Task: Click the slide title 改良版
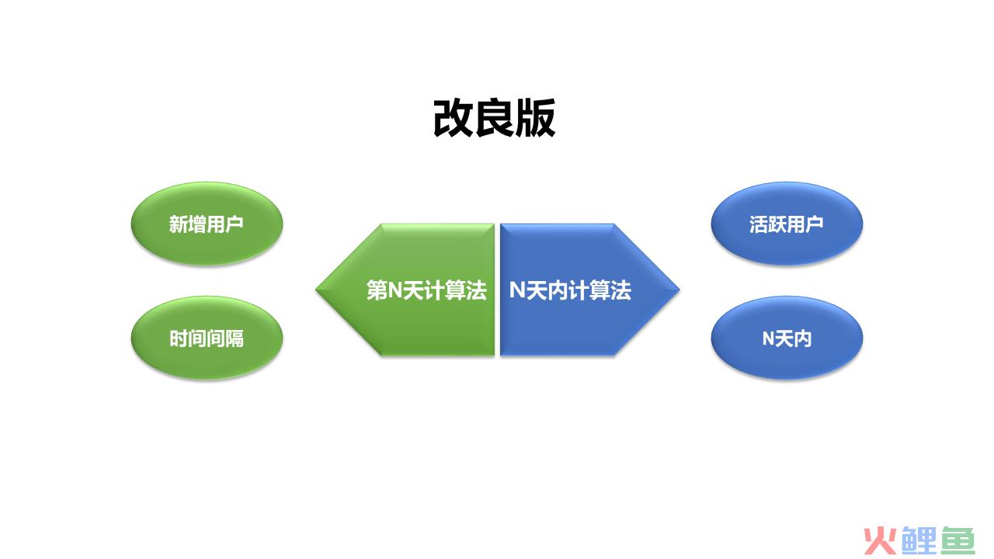[x=495, y=117]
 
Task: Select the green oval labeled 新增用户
[x=207, y=224]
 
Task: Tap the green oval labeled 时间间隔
[x=207, y=338]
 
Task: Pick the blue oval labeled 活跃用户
[x=787, y=224]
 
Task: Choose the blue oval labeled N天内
[x=787, y=338]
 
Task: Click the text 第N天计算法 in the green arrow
[x=426, y=290]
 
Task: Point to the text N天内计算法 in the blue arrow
[x=570, y=290]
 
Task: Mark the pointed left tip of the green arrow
[x=316, y=290]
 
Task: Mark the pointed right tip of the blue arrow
[x=679, y=290]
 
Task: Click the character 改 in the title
[x=453, y=117]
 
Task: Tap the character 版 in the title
[x=536, y=117]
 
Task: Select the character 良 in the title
[x=495, y=117]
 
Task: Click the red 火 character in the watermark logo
[x=880, y=540]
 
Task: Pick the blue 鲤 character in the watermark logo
[x=919, y=540]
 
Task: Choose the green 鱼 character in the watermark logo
[x=958, y=540]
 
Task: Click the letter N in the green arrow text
[x=395, y=290]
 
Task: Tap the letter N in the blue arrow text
[x=516, y=290]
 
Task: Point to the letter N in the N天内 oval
[x=768, y=339]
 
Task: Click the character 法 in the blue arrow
[x=620, y=290]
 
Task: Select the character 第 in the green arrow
[x=377, y=290]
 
